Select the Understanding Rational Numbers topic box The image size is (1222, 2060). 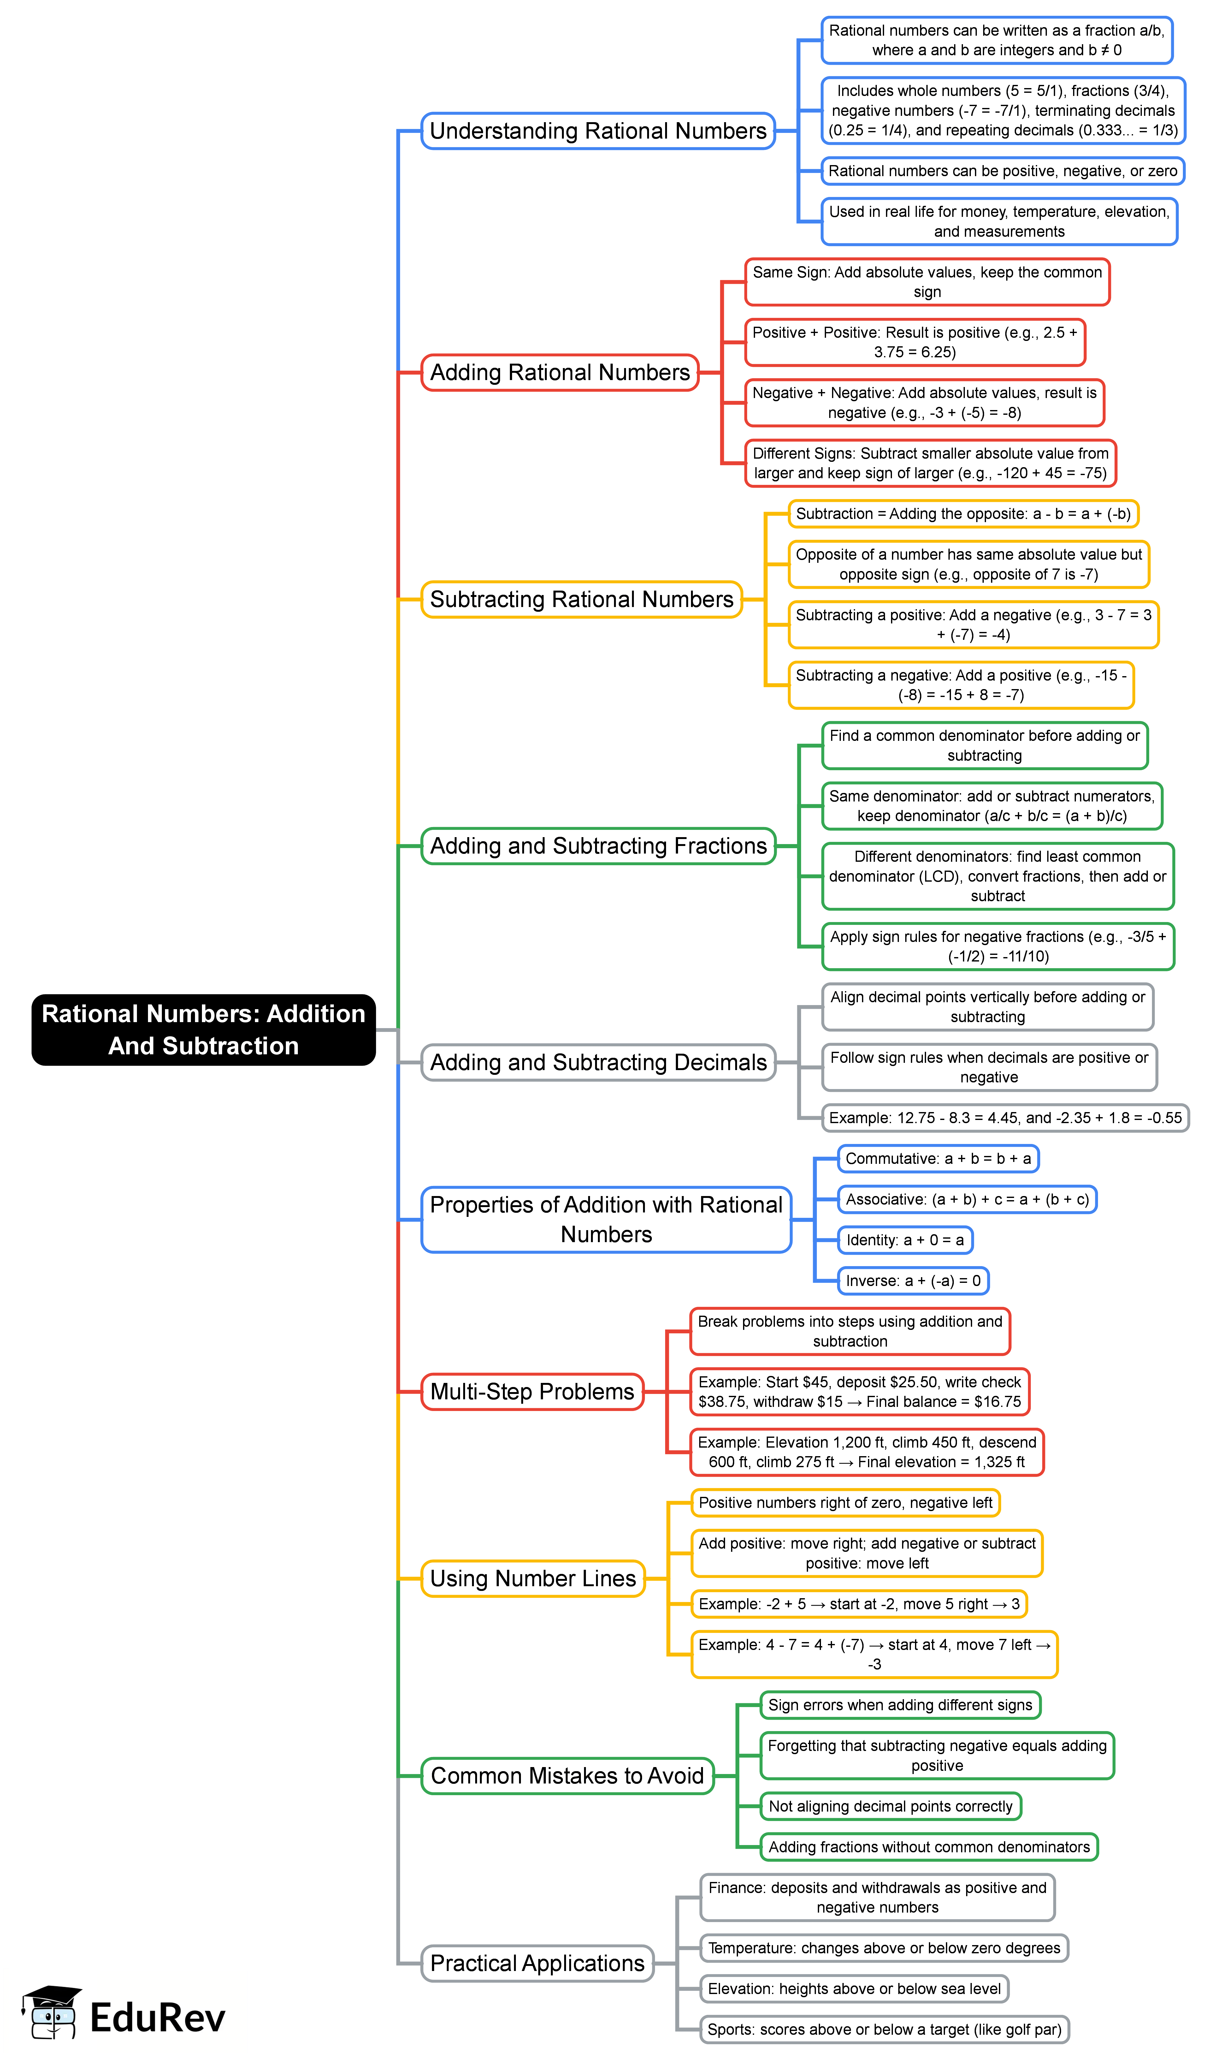click(598, 131)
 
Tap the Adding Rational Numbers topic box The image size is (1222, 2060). click(560, 372)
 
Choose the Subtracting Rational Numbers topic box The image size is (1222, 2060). click(581, 599)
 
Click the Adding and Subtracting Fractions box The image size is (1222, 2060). click(598, 846)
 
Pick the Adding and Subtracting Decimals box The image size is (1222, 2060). click(598, 1063)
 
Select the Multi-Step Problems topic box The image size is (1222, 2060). click(532, 1391)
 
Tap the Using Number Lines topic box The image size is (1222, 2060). click(533, 1578)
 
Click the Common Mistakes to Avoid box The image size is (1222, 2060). click(567, 1775)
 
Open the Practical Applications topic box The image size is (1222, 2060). click(537, 1963)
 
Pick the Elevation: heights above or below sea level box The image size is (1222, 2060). click(854, 1988)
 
